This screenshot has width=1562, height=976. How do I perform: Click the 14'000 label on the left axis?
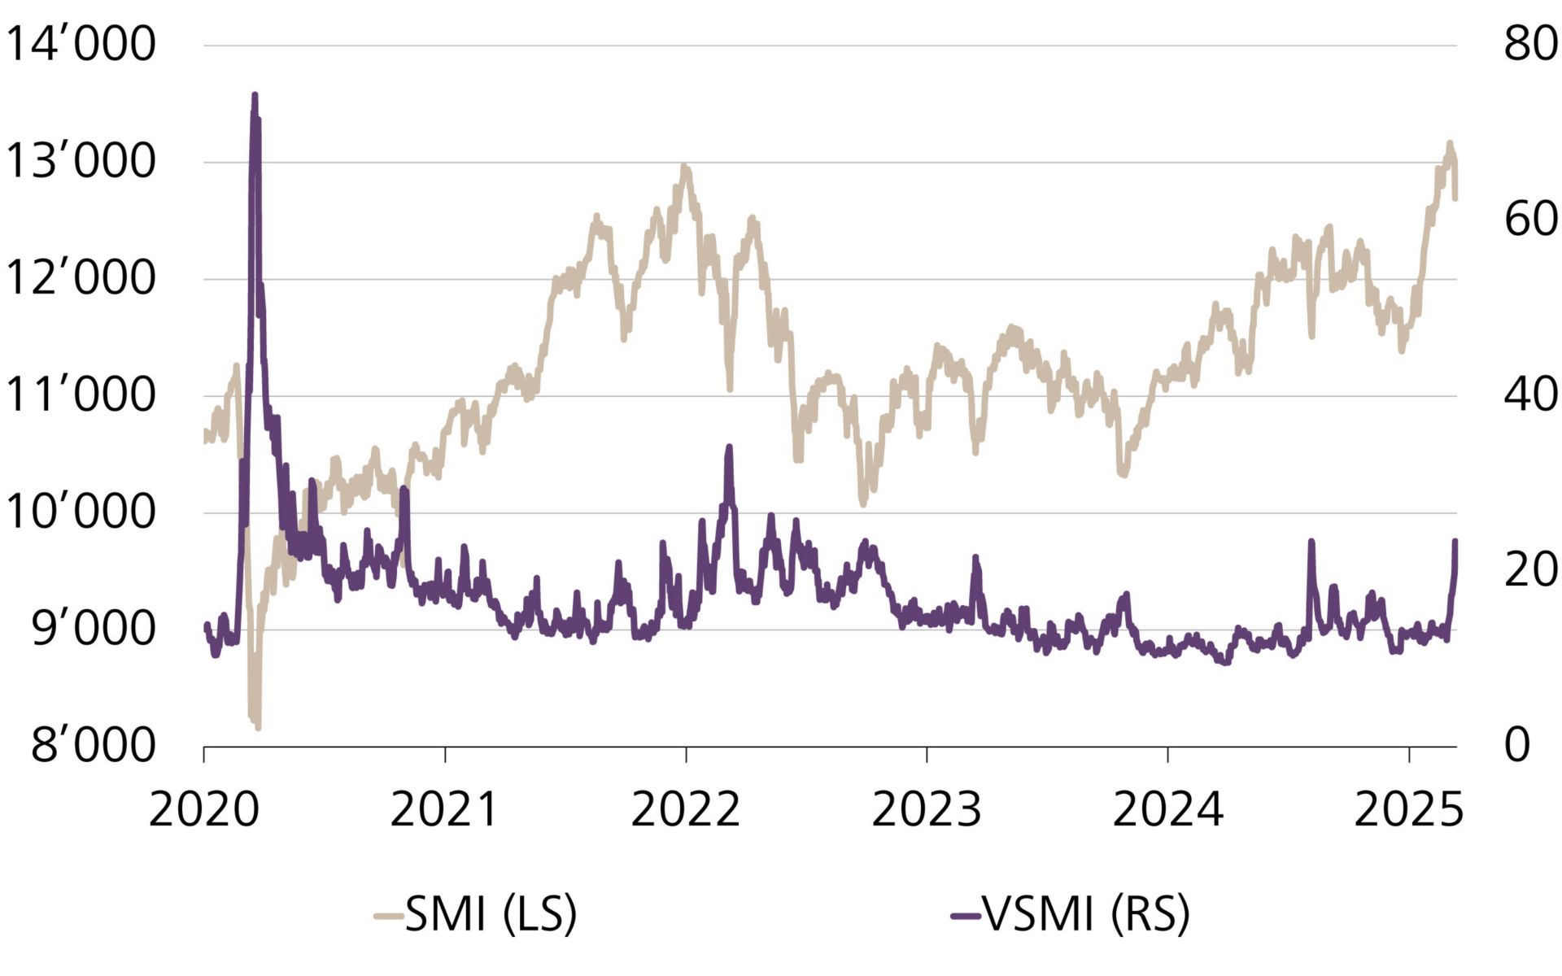tap(80, 44)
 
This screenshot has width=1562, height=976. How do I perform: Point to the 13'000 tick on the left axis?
tap(80, 161)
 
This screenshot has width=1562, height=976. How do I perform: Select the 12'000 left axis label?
tap(80, 278)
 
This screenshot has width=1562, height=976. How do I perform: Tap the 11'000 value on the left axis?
tap(80, 395)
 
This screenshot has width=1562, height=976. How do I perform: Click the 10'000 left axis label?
tap(80, 512)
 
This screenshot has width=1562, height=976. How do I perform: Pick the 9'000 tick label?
tap(93, 629)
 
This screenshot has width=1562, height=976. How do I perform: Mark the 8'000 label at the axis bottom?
tap(93, 745)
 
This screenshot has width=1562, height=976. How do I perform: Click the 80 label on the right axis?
tap(1530, 44)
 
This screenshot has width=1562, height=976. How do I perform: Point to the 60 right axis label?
tap(1530, 220)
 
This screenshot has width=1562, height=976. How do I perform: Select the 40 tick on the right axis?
tap(1530, 395)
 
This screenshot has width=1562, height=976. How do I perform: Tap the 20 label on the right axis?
tap(1530, 570)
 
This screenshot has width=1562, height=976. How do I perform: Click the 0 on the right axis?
tap(1516, 745)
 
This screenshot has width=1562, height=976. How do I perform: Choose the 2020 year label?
tap(203, 810)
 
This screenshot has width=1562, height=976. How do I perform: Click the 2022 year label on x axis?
tap(685, 810)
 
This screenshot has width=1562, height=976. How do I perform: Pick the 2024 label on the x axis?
tap(1167, 810)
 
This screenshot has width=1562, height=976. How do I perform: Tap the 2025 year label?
tap(1408, 810)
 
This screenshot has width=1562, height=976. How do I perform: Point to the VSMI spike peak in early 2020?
tap(255, 96)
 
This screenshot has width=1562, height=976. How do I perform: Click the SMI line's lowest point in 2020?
tap(257, 725)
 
